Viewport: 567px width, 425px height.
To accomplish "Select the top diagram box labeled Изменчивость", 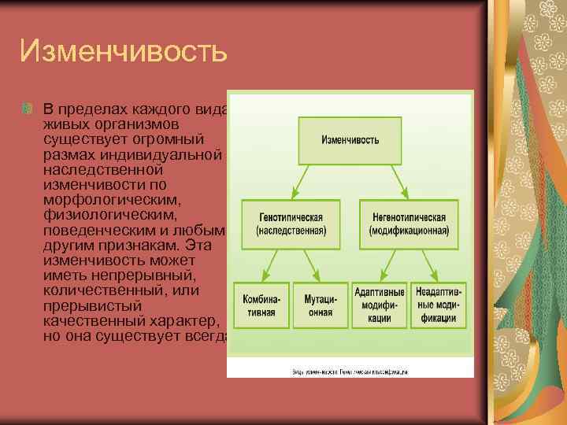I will pyautogui.click(x=350, y=140).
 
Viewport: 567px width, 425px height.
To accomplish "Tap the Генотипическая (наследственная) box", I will pyautogui.click(x=291, y=223).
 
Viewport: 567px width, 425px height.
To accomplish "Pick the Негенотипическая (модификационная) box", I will pyautogui.click(x=409, y=223).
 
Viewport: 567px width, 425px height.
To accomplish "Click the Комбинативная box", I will pyautogui.click(x=259, y=304).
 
